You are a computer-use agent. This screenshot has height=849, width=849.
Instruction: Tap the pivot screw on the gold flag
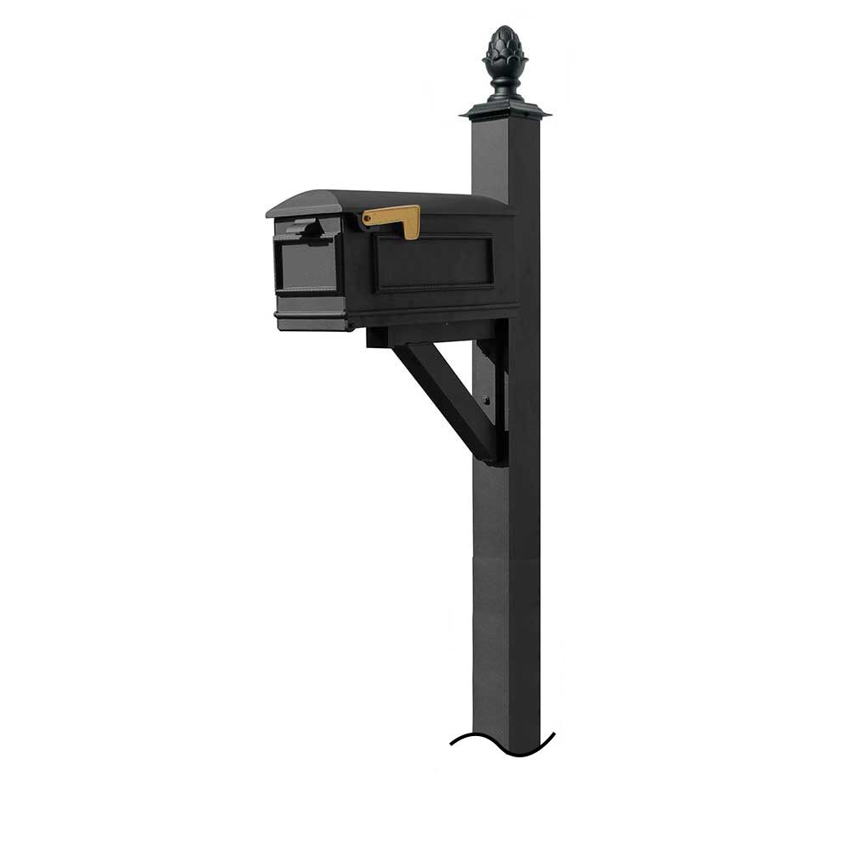coord(368,219)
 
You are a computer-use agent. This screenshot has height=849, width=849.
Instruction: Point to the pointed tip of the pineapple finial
coord(504,28)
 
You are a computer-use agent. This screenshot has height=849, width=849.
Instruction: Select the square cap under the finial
coord(504,110)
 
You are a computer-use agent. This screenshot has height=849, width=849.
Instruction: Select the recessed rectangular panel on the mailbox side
coord(434,262)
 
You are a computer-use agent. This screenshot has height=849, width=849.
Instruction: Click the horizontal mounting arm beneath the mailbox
coord(424,336)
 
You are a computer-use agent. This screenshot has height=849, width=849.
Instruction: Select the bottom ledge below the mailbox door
coord(311,321)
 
